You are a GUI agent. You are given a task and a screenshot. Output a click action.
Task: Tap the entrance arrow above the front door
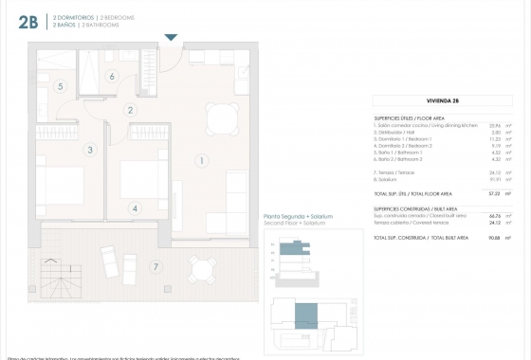tap(171, 38)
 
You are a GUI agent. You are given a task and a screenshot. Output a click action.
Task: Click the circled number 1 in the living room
tap(202, 161)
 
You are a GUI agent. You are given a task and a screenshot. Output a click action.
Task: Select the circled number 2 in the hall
tap(130, 110)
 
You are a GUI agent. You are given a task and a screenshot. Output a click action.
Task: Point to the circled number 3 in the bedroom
tap(61, 86)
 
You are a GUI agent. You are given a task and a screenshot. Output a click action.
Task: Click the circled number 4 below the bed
tap(112, 77)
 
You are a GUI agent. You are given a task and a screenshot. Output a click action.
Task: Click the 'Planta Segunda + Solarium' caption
tap(298, 217)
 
